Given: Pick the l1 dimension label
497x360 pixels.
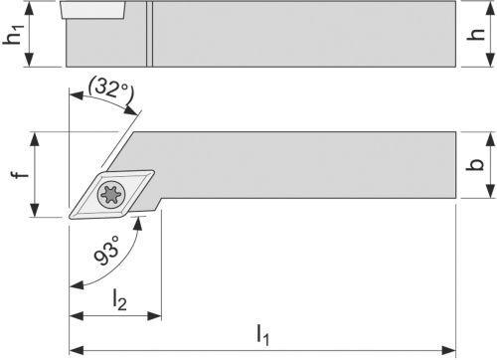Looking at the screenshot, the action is (x=262, y=335).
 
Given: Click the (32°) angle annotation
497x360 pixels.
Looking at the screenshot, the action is (x=109, y=89).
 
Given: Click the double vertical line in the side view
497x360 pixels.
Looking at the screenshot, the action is (x=148, y=33).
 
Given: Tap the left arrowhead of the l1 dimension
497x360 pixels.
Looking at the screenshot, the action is (x=74, y=349).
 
